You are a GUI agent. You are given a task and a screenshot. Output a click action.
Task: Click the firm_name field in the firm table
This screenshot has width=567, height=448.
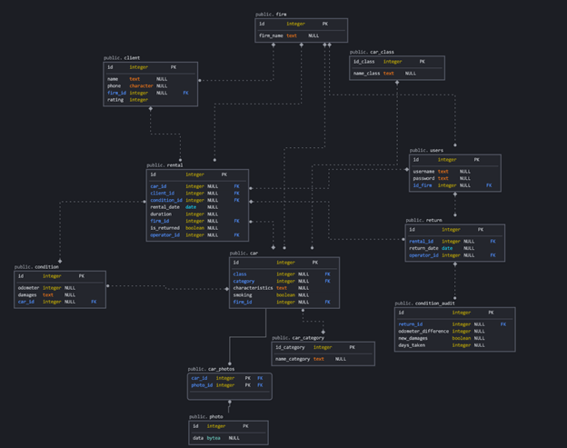click(x=271, y=36)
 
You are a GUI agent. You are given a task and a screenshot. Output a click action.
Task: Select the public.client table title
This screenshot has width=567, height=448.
click(x=122, y=57)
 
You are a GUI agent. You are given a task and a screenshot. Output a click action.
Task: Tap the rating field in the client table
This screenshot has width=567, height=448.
click(x=114, y=100)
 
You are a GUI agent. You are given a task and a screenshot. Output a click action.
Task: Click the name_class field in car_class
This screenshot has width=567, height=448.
click(x=366, y=74)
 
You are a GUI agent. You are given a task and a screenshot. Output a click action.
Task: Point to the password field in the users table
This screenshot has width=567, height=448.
click(x=423, y=178)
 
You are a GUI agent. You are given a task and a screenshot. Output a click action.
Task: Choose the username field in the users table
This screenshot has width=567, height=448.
click(x=423, y=171)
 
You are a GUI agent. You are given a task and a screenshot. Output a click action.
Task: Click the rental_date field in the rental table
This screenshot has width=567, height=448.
click(x=164, y=207)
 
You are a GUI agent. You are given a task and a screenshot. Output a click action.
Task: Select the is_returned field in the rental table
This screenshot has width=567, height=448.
click(x=164, y=228)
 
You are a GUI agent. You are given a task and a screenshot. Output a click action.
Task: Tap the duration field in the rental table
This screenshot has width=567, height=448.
click(x=161, y=214)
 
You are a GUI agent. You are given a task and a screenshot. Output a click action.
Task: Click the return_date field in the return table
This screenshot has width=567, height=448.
click(x=423, y=248)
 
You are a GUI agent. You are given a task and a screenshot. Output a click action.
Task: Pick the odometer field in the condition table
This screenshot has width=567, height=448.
click(x=28, y=288)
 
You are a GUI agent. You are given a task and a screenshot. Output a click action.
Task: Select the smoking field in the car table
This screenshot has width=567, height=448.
click(x=243, y=295)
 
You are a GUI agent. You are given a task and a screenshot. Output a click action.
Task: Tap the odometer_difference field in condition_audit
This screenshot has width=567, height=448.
click(x=423, y=331)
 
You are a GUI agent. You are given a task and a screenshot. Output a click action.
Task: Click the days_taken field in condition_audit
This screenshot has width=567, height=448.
click(x=412, y=345)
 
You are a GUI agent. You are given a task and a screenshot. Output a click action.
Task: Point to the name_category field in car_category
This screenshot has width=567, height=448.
click(x=293, y=359)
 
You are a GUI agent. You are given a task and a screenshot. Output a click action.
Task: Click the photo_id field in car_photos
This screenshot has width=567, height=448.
click(x=202, y=385)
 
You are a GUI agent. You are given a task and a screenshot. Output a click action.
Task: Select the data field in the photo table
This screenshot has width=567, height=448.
click(x=197, y=438)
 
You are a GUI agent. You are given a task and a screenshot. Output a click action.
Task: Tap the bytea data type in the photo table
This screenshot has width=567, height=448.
click(x=214, y=438)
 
